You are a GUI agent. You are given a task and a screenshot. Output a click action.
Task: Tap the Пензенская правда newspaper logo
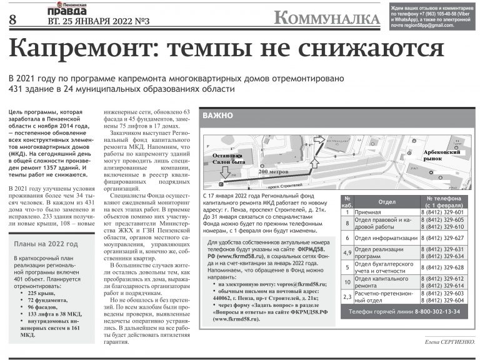67,9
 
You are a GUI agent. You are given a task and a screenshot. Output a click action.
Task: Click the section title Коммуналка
326,18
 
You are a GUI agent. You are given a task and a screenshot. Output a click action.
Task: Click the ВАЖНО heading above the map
218,116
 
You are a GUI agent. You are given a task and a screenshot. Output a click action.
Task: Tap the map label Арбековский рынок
442,156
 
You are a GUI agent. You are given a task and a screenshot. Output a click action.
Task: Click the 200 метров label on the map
273,171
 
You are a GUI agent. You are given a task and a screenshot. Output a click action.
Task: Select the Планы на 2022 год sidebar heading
46,244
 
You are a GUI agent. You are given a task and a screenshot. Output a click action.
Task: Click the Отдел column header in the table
387,202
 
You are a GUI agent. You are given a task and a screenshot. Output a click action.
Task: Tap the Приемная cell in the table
368,212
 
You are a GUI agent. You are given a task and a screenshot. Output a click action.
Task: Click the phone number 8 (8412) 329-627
442,237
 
